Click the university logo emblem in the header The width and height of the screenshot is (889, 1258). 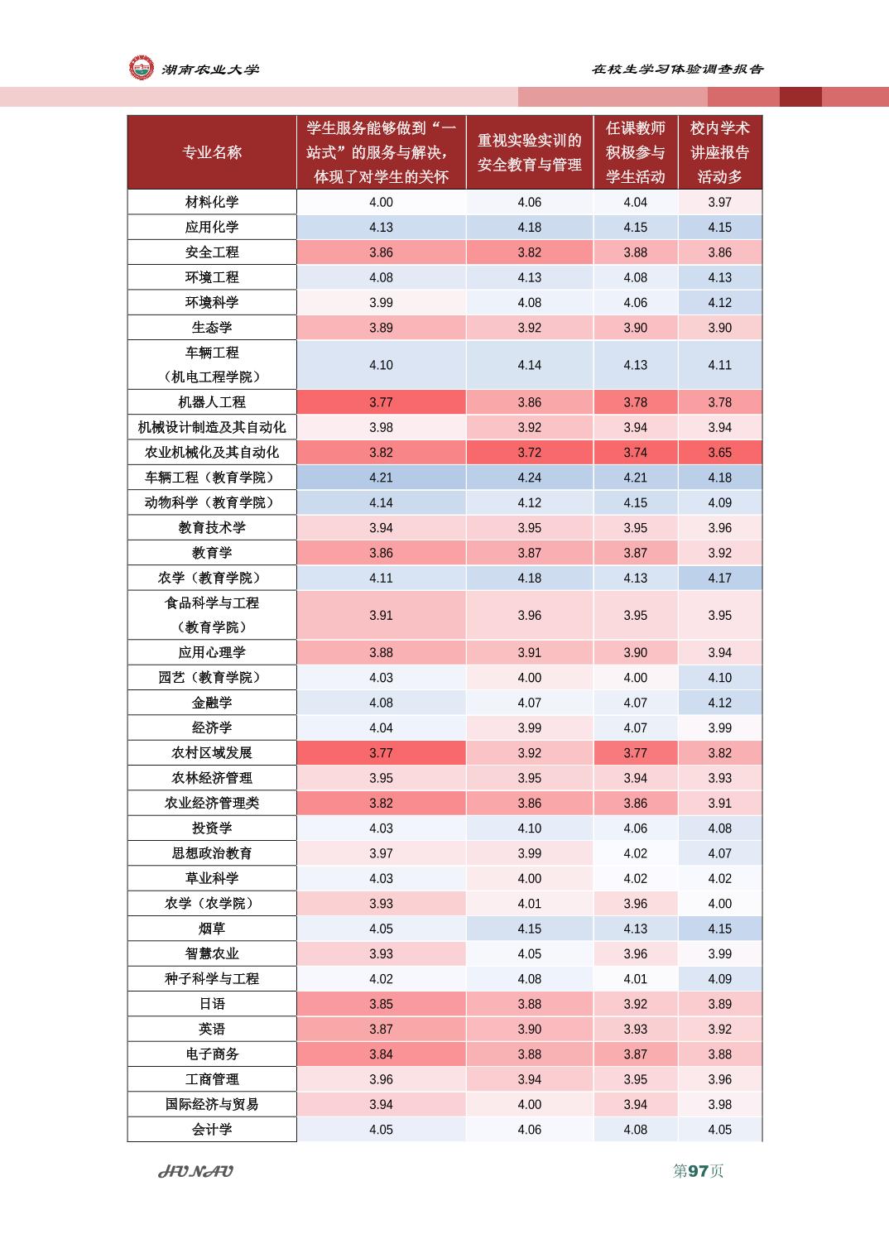pyautogui.click(x=141, y=68)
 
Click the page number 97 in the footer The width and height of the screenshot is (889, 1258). pyautogui.click(x=698, y=1171)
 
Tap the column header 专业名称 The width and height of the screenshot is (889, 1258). pyautogui.click(x=212, y=152)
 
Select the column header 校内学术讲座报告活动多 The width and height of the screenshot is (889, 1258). pyautogui.click(x=720, y=152)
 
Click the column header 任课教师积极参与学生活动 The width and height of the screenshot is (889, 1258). pyautogui.click(x=635, y=152)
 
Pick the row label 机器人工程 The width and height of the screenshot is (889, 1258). pyautogui.click(x=212, y=402)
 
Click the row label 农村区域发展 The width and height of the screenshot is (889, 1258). pyautogui.click(x=212, y=752)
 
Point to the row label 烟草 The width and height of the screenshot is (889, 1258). pyautogui.click(x=212, y=929)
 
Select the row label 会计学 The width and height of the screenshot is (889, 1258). pyautogui.click(x=212, y=1130)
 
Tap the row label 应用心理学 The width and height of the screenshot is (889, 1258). pyautogui.click(x=212, y=652)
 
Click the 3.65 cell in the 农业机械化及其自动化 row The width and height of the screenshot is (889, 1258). pyautogui.click(x=720, y=453)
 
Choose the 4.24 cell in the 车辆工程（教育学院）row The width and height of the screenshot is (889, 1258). pyautogui.click(x=530, y=478)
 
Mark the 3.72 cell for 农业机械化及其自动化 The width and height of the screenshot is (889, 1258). pyautogui.click(x=530, y=453)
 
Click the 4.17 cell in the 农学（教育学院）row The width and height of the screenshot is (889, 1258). pyautogui.click(x=720, y=578)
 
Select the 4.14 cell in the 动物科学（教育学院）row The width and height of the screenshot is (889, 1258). pyautogui.click(x=382, y=502)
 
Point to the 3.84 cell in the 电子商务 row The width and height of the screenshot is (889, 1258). pyautogui.click(x=382, y=1054)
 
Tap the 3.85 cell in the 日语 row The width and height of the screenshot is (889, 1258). pyautogui.click(x=382, y=1004)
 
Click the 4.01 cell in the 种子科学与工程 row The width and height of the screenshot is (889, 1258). pyautogui.click(x=635, y=979)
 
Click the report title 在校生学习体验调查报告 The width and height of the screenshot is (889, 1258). pyautogui.click(x=677, y=69)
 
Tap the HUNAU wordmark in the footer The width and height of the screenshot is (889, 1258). pyautogui.click(x=195, y=1172)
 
